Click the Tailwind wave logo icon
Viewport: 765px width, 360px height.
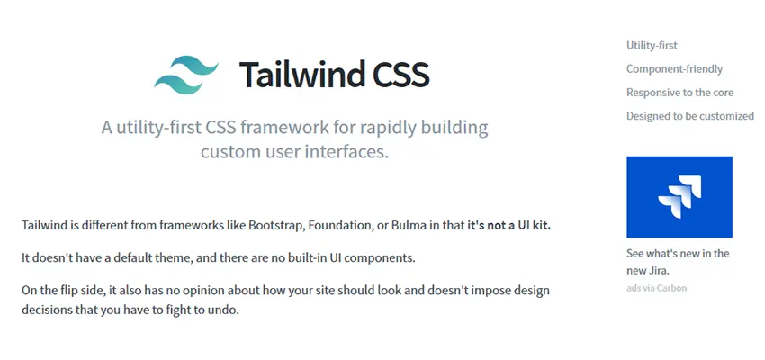coord(186,74)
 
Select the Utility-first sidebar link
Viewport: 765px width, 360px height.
coord(652,45)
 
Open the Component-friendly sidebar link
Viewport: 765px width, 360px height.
coord(674,68)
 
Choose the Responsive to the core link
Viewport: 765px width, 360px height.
coord(679,92)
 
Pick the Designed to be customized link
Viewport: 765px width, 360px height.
coord(690,115)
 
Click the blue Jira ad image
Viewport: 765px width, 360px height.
coord(679,197)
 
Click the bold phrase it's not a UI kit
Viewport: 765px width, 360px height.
coord(508,225)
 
